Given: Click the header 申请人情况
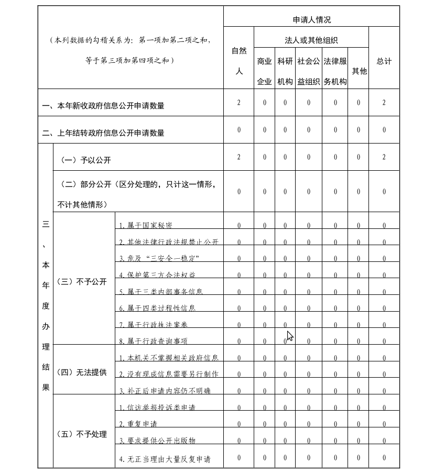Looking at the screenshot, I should pyautogui.click(x=311, y=20).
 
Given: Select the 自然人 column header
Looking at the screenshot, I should pyautogui.click(x=238, y=61).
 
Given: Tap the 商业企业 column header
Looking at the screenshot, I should pyautogui.click(x=264, y=71).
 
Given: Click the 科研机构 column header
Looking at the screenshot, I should pyautogui.click(x=285, y=71).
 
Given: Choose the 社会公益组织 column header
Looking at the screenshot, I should pyautogui.click(x=308, y=71).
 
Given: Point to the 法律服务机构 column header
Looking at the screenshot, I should pyautogui.click(x=335, y=71).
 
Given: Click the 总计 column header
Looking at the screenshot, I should pyautogui.click(x=384, y=61).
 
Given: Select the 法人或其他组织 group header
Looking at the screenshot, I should pyautogui.click(x=311, y=40).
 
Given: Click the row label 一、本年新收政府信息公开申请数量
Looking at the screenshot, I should pyautogui.click(x=103, y=105).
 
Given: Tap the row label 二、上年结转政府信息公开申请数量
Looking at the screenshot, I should pyautogui.click(x=103, y=133).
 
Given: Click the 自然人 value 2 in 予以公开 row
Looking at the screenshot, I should pyautogui.click(x=238, y=157).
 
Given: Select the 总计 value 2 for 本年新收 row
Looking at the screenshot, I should pyautogui.click(x=384, y=102).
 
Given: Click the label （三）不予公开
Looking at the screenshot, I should pyautogui.click(x=84, y=281).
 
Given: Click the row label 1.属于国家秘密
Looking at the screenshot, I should pyautogui.click(x=146, y=225).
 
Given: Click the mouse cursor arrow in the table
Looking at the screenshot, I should pyautogui.click(x=290, y=335).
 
